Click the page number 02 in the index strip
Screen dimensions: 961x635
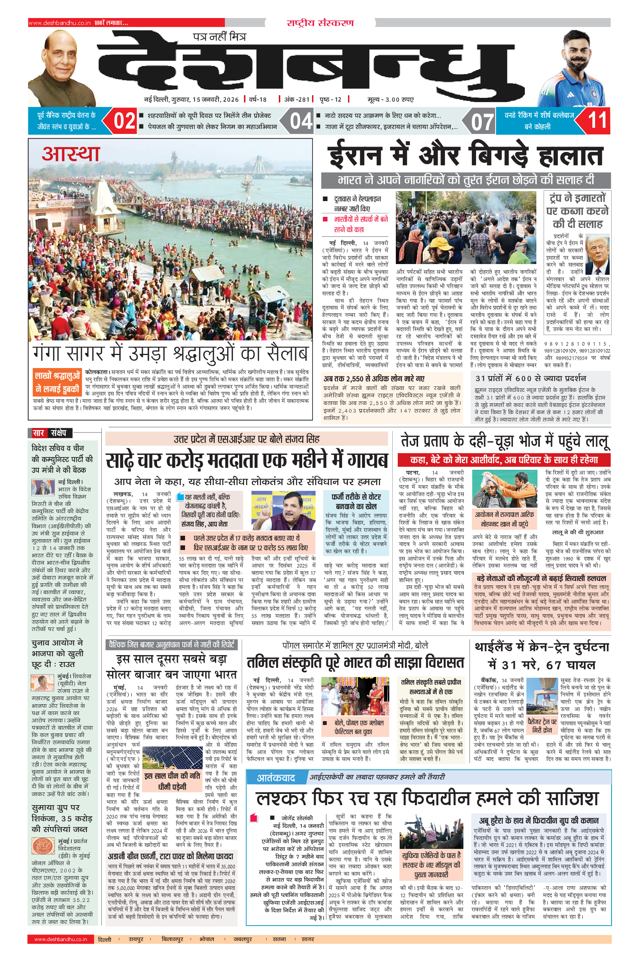click(124, 121)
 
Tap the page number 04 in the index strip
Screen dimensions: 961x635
click(301, 121)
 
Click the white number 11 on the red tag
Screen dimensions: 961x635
click(597, 120)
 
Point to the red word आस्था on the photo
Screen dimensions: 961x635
click(71, 154)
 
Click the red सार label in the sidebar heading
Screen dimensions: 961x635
click(38, 433)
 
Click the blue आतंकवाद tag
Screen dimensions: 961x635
click(276, 778)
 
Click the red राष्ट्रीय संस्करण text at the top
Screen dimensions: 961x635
click(320, 23)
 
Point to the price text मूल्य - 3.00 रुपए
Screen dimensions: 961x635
click(390, 99)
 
